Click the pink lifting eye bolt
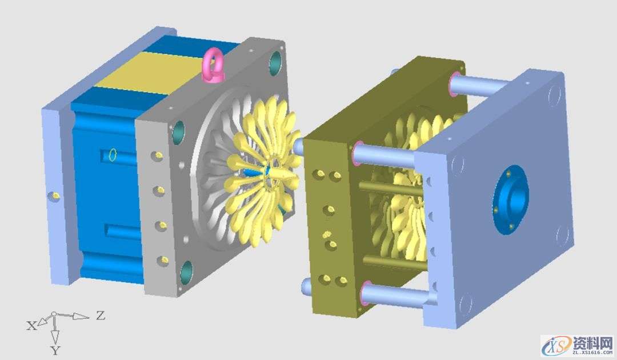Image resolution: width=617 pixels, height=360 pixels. point(211,67)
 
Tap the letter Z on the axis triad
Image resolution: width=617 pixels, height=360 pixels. point(101,315)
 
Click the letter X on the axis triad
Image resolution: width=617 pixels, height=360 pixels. point(31,325)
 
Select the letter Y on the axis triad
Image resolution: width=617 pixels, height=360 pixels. point(55,350)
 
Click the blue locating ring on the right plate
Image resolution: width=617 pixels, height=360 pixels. point(510,200)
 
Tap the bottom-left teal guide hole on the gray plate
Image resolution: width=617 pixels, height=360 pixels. point(186,273)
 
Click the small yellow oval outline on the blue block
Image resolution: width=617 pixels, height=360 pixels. point(113,155)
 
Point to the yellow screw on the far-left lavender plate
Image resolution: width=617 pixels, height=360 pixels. point(55,195)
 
